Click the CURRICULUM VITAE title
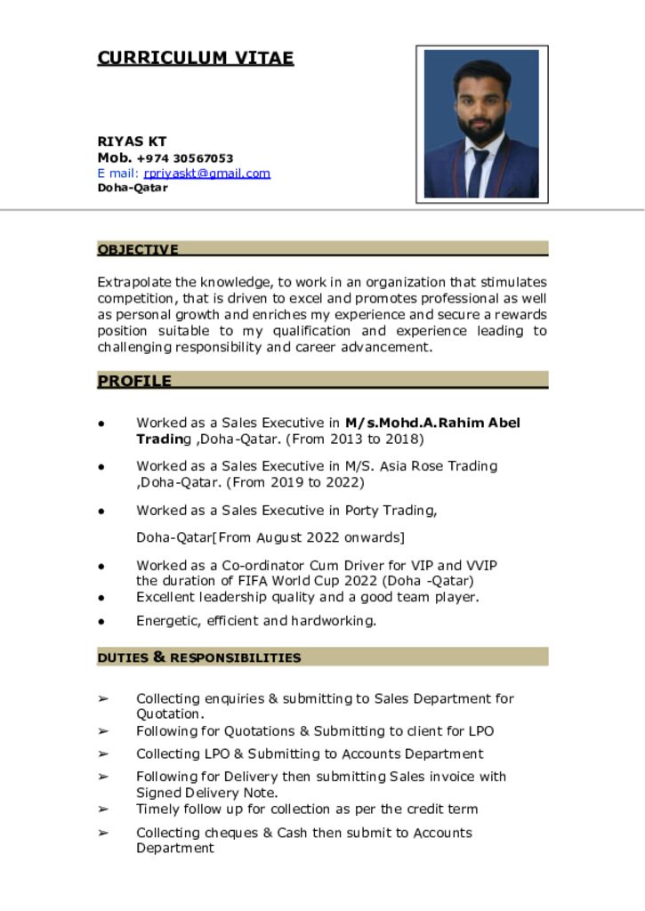[x=195, y=59]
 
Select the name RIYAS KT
[x=132, y=141]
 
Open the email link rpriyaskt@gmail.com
[x=206, y=173]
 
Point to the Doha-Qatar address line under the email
[x=133, y=188]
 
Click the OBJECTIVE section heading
[x=138, y=250]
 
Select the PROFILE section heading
[x=134, y=382]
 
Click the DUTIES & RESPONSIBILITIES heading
[x=199, y=658]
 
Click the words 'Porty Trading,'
[x=391, y=511]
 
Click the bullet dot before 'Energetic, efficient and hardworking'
[x=102, y=622]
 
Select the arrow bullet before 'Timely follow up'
[x=103, y=810]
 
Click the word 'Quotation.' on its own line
[x=170, y=714]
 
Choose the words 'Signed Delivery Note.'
[x=207, y=793]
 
